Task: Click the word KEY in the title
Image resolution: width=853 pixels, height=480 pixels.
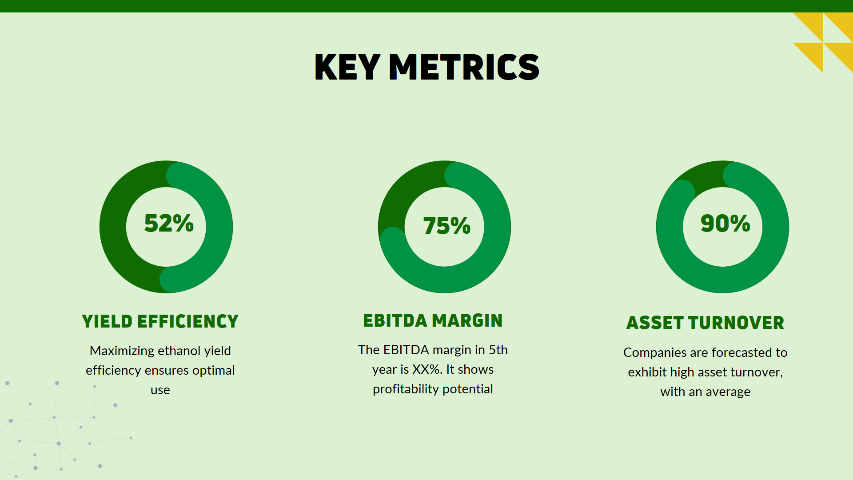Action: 347,67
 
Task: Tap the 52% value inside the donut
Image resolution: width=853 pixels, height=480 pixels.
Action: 169,223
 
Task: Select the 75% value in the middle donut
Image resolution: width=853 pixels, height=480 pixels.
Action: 446,225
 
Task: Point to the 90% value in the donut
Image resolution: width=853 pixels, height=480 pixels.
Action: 725,223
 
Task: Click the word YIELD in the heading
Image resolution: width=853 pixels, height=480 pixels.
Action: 107,321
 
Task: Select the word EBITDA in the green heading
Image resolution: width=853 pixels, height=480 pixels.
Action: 395,320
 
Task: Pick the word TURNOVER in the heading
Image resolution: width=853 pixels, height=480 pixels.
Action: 736,323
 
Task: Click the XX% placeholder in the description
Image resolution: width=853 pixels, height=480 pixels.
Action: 427,369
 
